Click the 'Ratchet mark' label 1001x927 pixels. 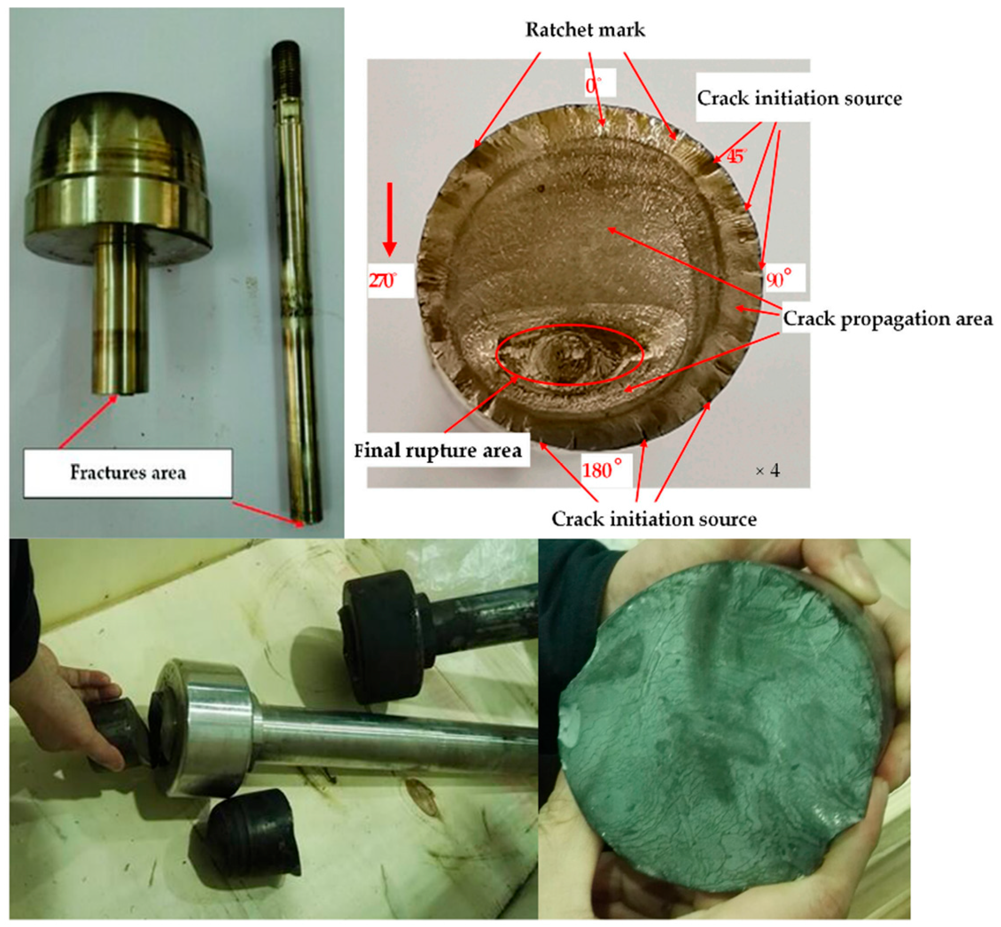[585, 30]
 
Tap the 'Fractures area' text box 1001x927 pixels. [128, 473]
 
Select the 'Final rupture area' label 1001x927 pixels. [438, 450]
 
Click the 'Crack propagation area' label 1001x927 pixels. [887, 319]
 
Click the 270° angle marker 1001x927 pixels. [382, 280]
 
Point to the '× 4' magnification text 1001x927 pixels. [767, 471]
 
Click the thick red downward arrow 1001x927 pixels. [390, 219]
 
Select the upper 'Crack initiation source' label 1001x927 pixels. [799, 98]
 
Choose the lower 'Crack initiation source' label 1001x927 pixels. [654, 519]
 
